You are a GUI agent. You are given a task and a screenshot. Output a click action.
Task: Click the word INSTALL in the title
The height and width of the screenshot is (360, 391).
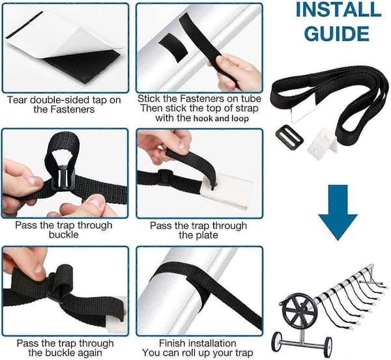coord(338,10)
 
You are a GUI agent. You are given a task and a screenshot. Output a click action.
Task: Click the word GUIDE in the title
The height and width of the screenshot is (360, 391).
coord(336,34)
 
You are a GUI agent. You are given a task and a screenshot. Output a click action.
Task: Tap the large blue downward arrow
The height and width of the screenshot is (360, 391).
coord(338,212)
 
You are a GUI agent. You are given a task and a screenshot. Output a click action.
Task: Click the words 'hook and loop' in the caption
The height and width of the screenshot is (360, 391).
coord(221,118)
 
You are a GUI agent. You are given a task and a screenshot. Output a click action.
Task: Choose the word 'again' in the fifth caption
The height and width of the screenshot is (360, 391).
coord(89,353)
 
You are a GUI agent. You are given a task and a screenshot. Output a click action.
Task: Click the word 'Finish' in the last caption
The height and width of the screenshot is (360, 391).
coord(172,343)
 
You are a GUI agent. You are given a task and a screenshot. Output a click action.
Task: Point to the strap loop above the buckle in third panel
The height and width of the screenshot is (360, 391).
coord(63,150)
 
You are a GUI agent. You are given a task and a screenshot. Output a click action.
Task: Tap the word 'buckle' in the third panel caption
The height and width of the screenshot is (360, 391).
coord(64,235)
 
